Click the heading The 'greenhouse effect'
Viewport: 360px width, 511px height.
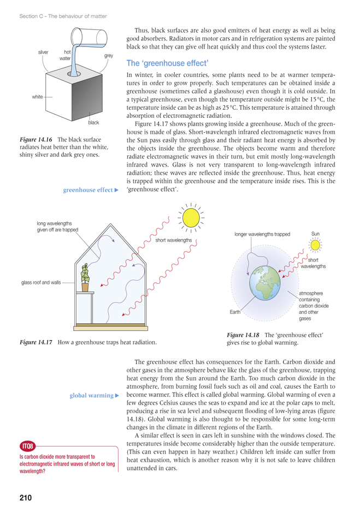point(167,63)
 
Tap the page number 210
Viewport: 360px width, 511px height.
point(26,497)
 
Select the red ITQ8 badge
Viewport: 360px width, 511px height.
point(28,446)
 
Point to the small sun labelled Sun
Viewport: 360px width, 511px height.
point(315,245)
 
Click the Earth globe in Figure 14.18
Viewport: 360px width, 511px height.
point(265,283)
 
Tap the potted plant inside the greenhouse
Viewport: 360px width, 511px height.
point(85,278)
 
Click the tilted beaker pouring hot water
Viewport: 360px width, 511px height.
point(90,37)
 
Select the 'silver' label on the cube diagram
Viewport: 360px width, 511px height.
point(43,52)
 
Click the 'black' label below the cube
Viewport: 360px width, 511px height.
point(93,122)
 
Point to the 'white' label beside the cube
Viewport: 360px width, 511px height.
point(37,97)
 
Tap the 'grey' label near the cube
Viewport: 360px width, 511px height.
point(109,56)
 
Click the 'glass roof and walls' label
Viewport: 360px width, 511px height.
point(41,283)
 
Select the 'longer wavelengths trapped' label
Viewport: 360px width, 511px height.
point(262,234)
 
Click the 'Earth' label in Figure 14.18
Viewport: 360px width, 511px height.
point(235,312)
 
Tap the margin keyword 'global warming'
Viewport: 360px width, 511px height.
point(91,395)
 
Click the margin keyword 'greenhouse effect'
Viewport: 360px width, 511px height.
point(88,190)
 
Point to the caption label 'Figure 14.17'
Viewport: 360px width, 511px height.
point(36,342)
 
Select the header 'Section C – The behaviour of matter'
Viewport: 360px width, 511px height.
point(63,16)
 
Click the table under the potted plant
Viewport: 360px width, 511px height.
point(85,307)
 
